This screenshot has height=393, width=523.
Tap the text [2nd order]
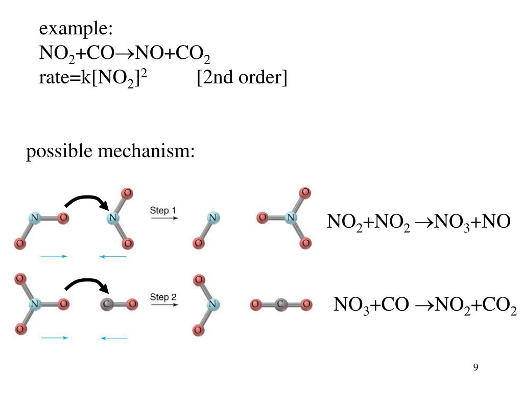point(242,78)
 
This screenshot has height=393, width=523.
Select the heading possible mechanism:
point(110,151)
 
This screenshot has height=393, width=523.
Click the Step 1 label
point(163,210)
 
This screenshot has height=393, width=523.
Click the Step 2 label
point(163,297)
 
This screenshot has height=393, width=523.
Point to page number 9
point(476,367)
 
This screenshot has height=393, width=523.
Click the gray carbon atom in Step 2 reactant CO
point(106,304)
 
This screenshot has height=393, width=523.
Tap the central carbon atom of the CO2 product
point(280,304)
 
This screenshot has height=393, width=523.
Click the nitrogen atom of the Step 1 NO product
point(213,217)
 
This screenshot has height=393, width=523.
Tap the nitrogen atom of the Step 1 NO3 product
point(291,217)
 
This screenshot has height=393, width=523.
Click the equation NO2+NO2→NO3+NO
point(419,222)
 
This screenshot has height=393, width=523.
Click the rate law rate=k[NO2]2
point(93,78)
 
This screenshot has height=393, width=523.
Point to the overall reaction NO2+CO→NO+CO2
point(125,54)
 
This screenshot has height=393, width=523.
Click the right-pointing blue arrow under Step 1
point(54,256)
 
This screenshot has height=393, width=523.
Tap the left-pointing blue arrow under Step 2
point(113,338)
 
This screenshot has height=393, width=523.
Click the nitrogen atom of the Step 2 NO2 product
point(212,304)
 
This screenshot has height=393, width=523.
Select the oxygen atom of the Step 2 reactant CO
point(132,304)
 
